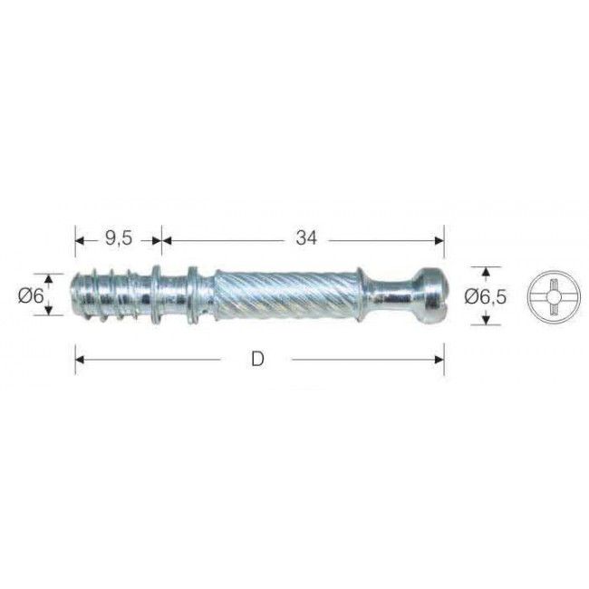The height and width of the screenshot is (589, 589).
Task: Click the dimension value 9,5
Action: point(119,238)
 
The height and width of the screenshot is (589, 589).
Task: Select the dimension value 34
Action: point(306,237)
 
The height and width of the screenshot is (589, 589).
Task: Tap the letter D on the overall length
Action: point(257,360)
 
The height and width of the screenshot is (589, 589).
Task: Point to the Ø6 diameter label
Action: point(31,296)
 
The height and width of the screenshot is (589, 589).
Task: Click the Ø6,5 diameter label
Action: point(485,296)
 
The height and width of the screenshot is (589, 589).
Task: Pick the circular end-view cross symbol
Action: point(554,297)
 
